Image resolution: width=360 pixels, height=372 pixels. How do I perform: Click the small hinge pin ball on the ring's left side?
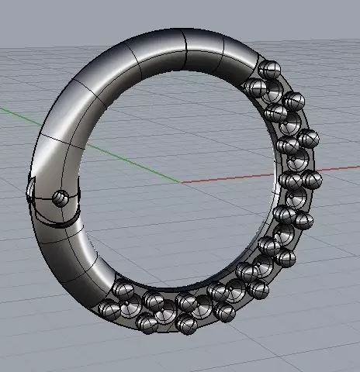60,198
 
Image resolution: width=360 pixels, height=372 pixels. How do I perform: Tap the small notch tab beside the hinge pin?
31,188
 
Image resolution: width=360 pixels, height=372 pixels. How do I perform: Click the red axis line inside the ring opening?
225,177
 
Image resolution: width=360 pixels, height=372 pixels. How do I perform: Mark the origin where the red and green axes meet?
180,183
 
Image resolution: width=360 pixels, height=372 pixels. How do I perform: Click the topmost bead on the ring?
270,69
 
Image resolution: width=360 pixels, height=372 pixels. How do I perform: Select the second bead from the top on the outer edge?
293,101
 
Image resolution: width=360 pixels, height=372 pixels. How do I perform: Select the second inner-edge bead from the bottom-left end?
152,299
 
